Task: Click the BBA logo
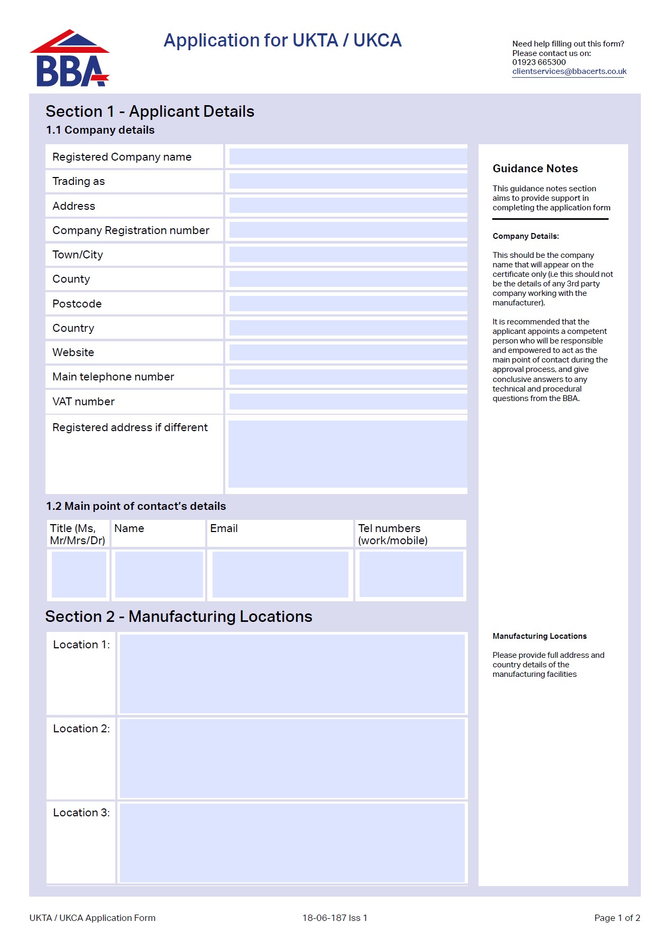coord(70,59)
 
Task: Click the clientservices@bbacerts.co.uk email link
coord(569,71)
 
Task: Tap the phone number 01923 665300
coord(539,62)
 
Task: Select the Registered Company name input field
coord(348,156)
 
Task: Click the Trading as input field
coord(348,181)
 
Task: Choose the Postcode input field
coord(348,304)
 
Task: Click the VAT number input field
coord(348,402)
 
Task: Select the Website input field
coord(348,352)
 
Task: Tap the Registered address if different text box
coord(348,454)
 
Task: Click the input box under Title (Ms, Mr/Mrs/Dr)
coord(79,574)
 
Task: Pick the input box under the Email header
coord(280,574)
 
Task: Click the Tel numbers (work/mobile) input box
coord(411,574)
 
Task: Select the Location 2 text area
coord(292,758)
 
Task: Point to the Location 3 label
coord(81,813)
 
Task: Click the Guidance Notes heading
coord(535,169)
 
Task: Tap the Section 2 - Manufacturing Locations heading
coord(179,617)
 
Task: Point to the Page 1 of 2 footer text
coord(617,918)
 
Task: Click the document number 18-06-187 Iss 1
coord(335,918)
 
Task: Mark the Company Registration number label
coord(131,230)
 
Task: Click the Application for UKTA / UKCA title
coord(282,41)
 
